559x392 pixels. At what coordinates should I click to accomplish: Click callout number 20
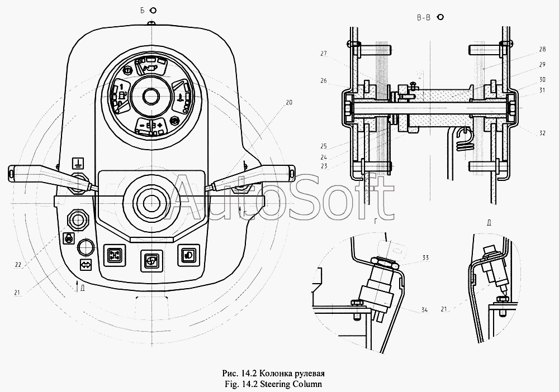coord(288,103)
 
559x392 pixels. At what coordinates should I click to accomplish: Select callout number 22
coord(18,265)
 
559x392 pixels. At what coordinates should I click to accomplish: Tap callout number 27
coord(323,54)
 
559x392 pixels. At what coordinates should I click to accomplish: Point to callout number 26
coord(323,80)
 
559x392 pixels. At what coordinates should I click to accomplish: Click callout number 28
coord(542,50)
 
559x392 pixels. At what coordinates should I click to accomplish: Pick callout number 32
coord(542,133)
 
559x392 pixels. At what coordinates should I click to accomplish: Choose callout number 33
coord(425,257)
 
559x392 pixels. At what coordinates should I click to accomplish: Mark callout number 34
coord(424,310)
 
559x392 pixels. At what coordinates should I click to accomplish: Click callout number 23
coord(323,166)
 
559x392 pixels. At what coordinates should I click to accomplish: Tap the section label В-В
coord(424,18)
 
